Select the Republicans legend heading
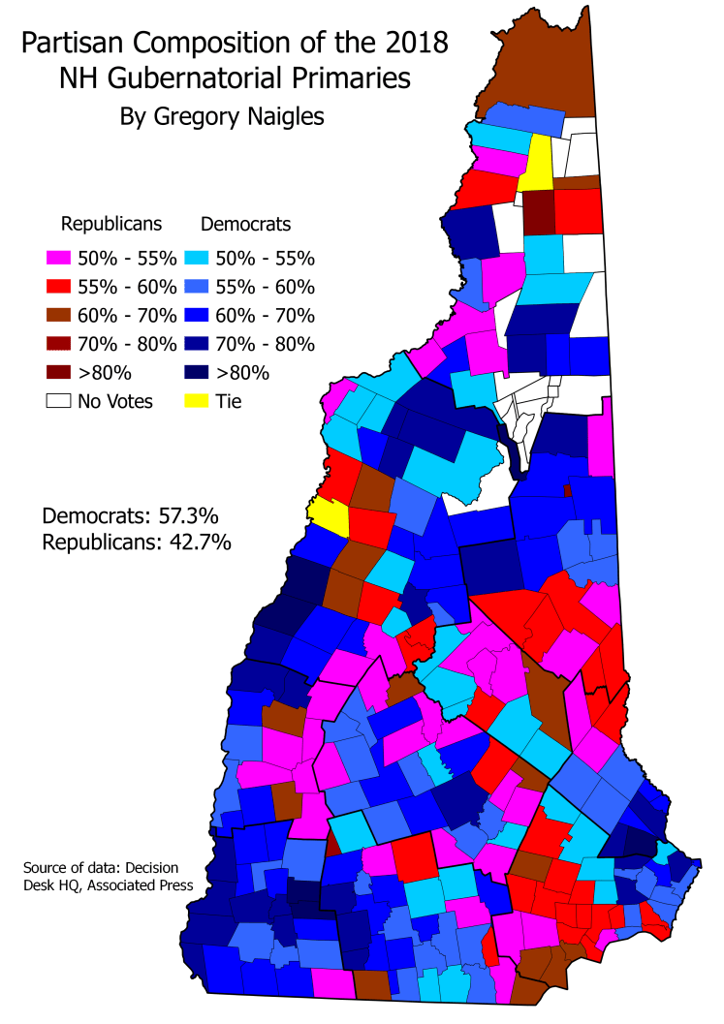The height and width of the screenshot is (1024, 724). (111, 225)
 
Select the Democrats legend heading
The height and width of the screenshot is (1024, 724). (245, 225)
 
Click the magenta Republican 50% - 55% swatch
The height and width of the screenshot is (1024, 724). (55, 259)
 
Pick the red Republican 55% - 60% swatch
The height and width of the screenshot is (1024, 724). (55, 287)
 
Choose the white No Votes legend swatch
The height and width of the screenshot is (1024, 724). (55, 400)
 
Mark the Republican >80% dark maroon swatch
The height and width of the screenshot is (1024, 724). (55, 372)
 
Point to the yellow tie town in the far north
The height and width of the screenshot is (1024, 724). (536, 165)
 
